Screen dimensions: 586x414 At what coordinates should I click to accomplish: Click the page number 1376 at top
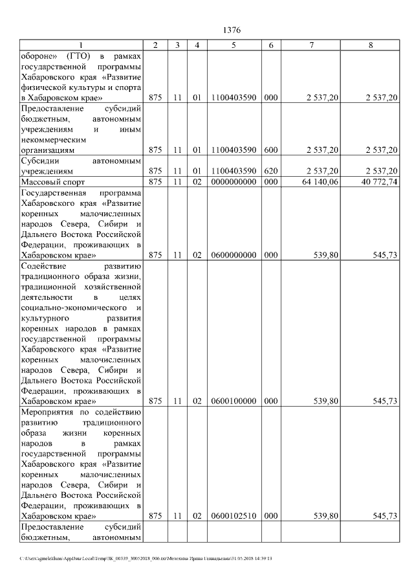point(232,30)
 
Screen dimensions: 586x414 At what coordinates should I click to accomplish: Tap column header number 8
point(371,45)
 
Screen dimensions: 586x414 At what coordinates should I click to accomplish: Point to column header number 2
point(155,45)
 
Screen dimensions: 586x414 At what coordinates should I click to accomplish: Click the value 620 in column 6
point(271,171)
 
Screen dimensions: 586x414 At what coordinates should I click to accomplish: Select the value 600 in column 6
point(271,150)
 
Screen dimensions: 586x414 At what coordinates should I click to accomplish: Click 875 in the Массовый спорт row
point(155,182)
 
